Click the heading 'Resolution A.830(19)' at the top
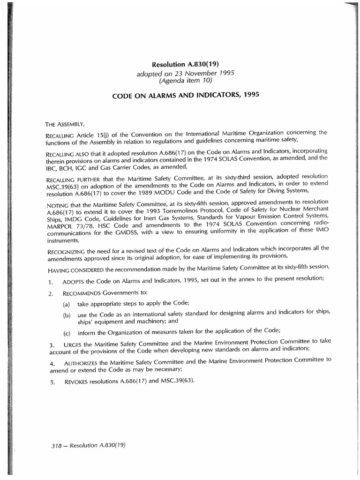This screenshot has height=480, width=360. (x=186, y=65)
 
